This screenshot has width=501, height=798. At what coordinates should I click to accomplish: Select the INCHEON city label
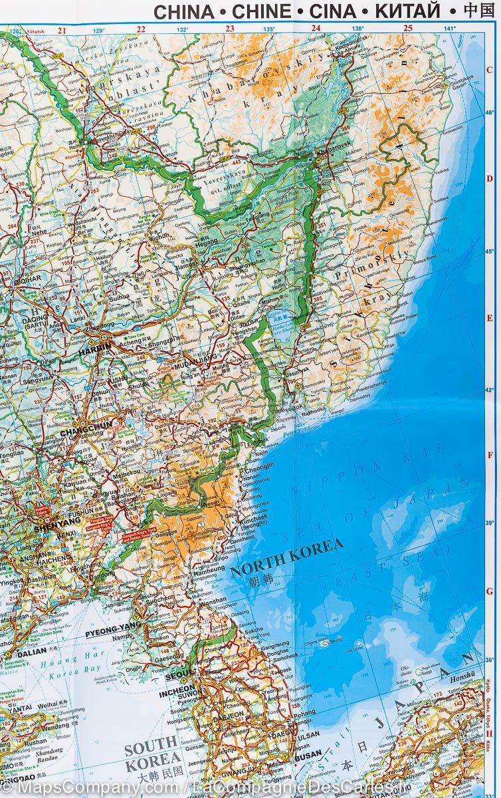[177, 689]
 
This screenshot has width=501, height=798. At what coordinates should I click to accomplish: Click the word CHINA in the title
[185, 11]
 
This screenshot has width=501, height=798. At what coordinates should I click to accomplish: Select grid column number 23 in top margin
[230, 29]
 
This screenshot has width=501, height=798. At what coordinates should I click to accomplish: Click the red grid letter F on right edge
[490, 456]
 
